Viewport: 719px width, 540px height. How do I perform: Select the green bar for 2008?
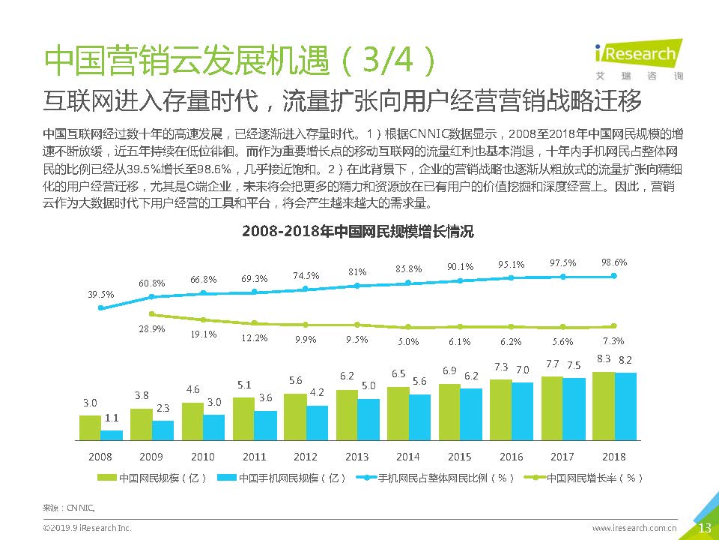[x=90, y=427]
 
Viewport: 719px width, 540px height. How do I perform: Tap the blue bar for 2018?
[x=625, y=406]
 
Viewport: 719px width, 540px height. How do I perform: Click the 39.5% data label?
[x=101, y=294]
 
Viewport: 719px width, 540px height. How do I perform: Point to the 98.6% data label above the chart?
[x=614, y=262]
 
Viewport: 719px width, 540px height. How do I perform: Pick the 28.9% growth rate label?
[x=152, y=329]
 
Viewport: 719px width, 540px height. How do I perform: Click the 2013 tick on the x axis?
[x=357, y=457]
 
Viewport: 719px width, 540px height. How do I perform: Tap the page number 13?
[x=704, y=528]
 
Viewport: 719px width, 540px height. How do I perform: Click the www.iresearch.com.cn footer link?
[x=634, y=529]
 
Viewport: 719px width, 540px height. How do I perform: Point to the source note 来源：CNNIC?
[x=68, y=506]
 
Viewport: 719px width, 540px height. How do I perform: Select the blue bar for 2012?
[x=317, y=422]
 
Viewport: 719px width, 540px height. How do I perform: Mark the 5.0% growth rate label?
[x=408, y=341]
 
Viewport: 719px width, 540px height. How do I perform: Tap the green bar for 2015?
[x=449, y=411]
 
